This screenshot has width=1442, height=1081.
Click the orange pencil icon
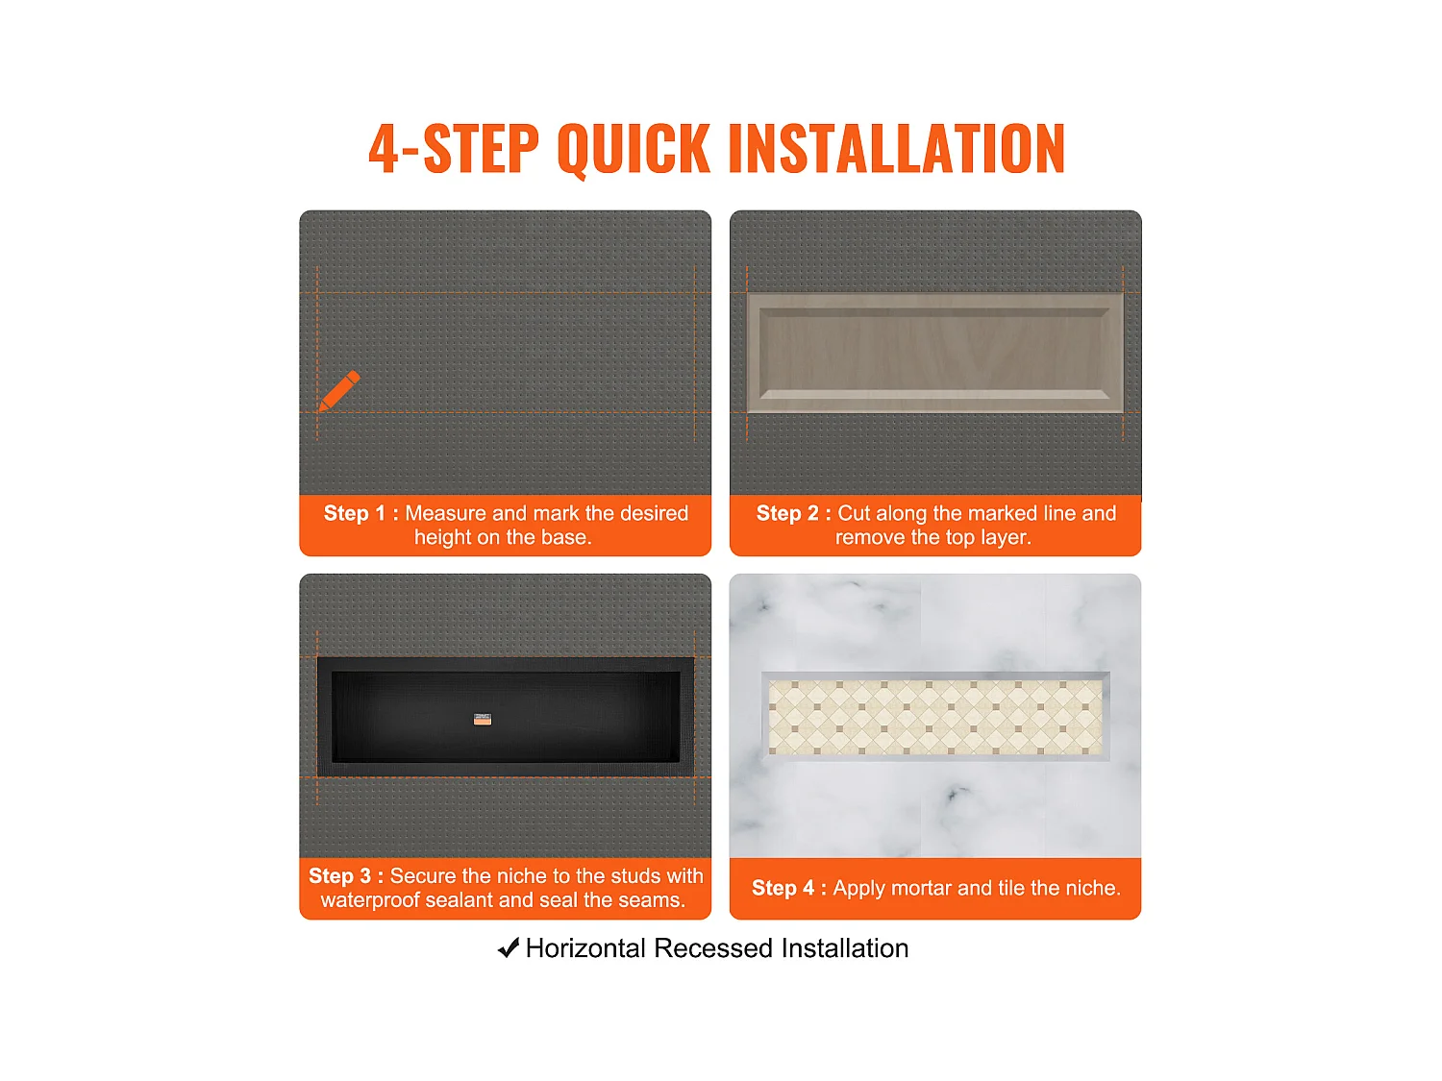[x=339, y=390]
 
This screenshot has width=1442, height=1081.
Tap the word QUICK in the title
[x=634, y=150]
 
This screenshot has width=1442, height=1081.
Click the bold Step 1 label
[x=360, y=512]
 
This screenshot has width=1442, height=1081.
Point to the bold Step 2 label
[x=794, y=512]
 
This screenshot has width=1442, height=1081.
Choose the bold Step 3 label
[x=346, y=875]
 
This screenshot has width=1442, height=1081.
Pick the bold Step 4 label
[x=789, y=887]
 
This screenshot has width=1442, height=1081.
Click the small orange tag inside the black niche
[x=483, y=719]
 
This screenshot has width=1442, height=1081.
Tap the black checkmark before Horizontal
[x=509, y=947]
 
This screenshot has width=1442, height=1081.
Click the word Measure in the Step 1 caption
[x=446, y=512]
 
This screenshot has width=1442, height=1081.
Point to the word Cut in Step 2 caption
[x=854, y=512]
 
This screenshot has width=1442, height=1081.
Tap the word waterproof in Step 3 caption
[x=370, y=900]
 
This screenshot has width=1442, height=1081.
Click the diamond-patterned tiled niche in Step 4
[x=935, y=717]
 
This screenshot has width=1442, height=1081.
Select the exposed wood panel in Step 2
[x=934, y=353]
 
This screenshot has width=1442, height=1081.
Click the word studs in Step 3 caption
[x=635, y=875]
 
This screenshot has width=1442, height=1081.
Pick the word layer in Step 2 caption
[x=1006, y=537]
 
